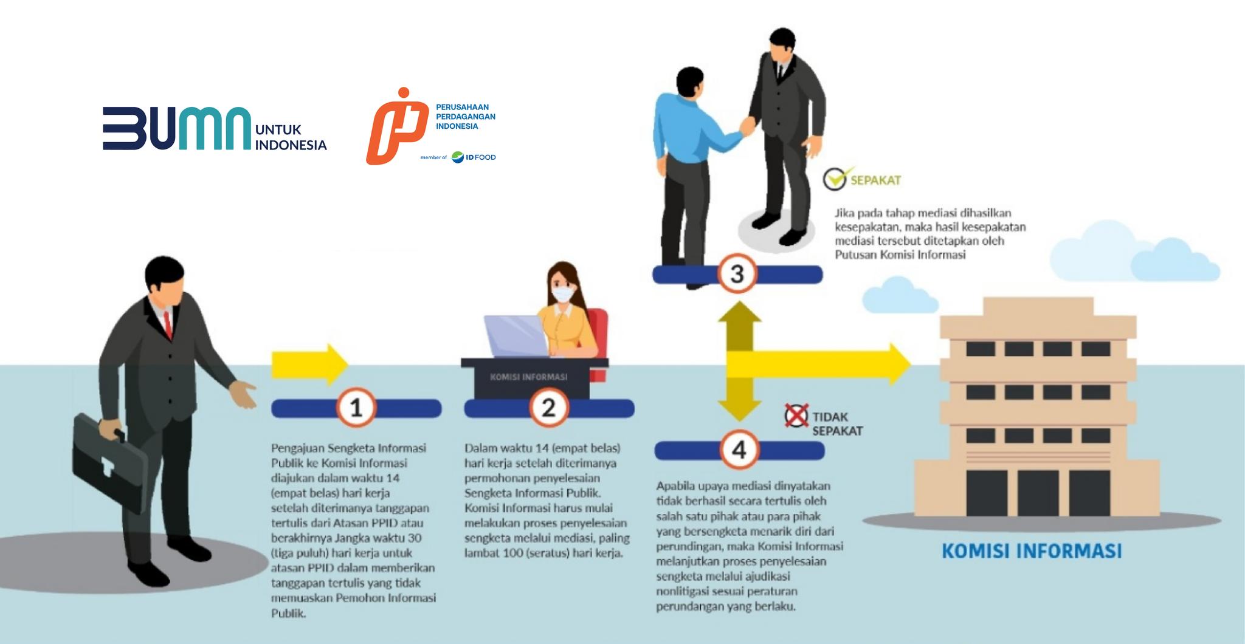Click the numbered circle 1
[356, 408]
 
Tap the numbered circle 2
[549, 408]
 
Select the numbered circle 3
[737, 274]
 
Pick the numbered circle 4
[739, 450]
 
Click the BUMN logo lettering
[176, 128]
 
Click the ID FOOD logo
[474, 157]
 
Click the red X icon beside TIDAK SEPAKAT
[796, 416]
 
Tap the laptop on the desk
[516, 337]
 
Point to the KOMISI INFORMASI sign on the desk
[528, 377]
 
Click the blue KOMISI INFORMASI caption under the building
[1031, 551]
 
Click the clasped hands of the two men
[747, 126]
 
